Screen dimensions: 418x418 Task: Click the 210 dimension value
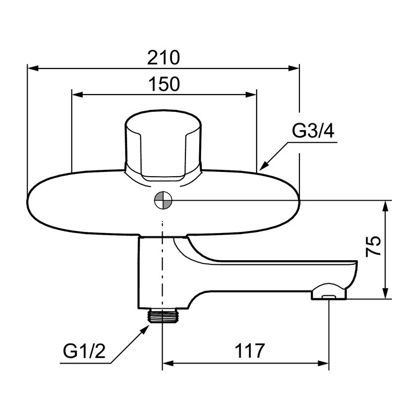164,57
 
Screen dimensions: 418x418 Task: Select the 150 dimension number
164,84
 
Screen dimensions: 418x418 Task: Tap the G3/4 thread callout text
313,131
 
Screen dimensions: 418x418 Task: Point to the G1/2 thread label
84,351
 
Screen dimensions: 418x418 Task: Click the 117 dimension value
250,351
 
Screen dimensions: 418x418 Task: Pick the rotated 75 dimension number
373,246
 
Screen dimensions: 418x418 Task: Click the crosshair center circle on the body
163,200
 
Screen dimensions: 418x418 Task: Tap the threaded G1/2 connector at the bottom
162,316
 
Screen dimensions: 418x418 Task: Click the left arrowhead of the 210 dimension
33,68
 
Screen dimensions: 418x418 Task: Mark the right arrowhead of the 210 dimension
294,68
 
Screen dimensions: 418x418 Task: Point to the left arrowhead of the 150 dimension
77,95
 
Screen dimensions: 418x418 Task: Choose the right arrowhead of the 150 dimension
251,95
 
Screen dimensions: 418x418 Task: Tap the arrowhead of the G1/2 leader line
145,330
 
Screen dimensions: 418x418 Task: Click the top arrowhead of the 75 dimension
385,206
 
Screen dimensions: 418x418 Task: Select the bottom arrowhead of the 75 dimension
385,293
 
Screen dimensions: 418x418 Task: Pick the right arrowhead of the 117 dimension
323,363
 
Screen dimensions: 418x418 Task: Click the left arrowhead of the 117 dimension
168,363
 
